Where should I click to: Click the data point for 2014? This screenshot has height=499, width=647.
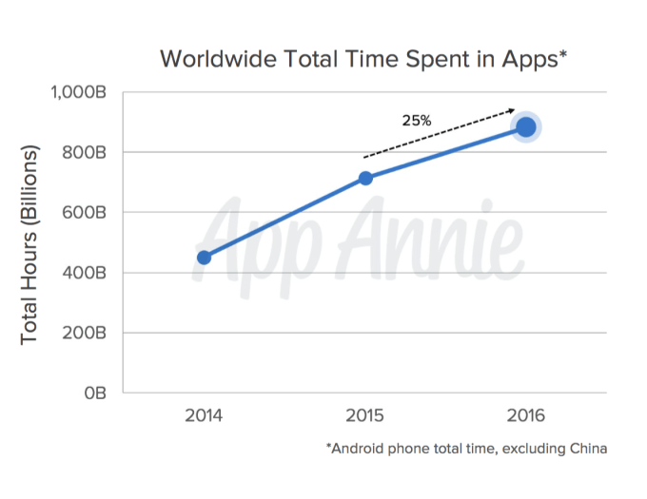coord(204,257)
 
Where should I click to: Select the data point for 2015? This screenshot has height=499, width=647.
coord(365,178)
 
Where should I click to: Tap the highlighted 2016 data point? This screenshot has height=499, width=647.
coord(526,126)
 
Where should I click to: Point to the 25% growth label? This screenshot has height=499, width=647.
coord(416,121)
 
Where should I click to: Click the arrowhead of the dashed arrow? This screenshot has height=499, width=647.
coord(513,110)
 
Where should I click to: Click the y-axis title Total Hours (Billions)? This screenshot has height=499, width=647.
coord(30,244)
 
